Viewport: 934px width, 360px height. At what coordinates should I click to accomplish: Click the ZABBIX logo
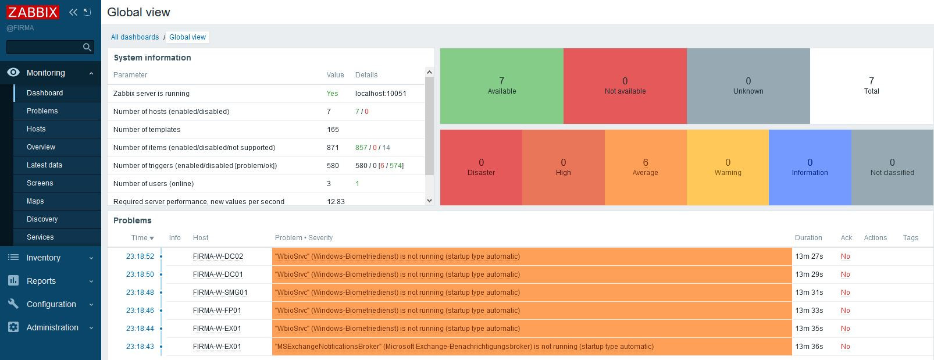click(33, 12)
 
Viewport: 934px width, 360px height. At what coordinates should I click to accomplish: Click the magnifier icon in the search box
click(87, 47)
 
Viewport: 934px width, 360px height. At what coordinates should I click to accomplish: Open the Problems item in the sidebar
click(42, 111)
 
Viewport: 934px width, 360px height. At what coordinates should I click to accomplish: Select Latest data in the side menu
click(44, 165)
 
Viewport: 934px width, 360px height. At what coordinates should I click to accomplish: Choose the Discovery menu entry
click(42, 219)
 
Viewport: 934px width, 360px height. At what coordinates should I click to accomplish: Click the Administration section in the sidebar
click(52, 327)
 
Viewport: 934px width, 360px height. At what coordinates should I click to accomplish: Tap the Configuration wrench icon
click(13, 304)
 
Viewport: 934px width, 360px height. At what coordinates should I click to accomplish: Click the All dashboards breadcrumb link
click(135, 37)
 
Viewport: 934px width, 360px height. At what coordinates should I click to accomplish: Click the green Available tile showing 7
click(501, 85)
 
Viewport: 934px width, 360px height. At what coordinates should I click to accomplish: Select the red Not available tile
click(625, 85)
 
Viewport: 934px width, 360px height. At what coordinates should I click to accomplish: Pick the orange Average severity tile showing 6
click(645, 167)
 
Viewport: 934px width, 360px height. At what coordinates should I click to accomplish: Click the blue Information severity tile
click(810, 167)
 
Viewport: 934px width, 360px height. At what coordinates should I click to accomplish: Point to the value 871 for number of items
click(333, 148)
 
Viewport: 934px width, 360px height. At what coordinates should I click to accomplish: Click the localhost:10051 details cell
click(380, 94)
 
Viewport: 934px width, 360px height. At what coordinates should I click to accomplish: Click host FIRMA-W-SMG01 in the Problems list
click(220, 293)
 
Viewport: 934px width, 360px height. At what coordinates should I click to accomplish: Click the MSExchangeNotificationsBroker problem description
click(464, 347)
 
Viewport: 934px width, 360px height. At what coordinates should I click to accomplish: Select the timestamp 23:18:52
click(140, 256)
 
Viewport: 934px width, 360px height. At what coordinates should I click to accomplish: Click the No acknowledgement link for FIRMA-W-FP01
click(845, 311)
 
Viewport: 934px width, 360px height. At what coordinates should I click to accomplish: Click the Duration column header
click(808, 238)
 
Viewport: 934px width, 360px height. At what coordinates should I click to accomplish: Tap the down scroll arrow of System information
click(429, 201)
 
